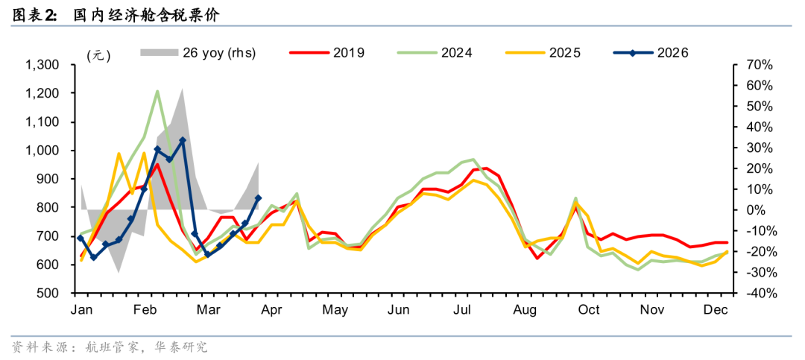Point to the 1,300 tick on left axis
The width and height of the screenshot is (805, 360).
42,66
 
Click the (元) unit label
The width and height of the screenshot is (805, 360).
98,55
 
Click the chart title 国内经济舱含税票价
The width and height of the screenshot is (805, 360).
146,14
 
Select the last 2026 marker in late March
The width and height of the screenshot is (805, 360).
258,198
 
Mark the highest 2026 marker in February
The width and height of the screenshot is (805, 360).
183,140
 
